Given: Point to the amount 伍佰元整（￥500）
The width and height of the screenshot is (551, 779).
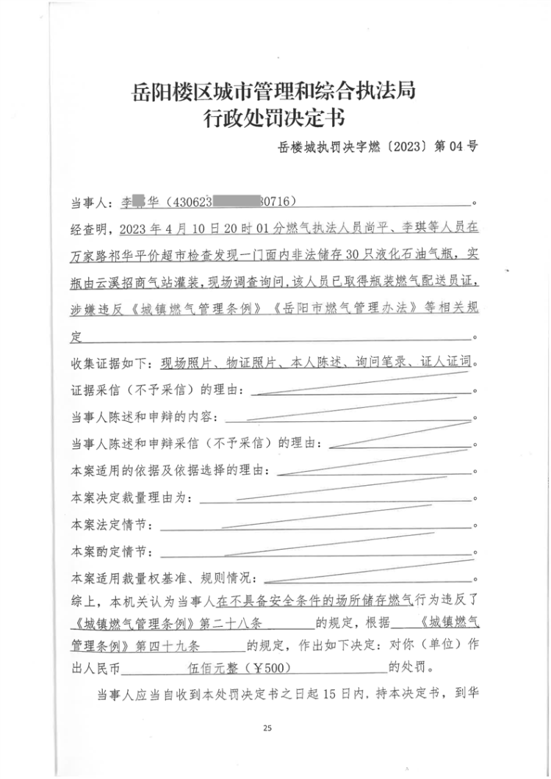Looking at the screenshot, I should tap(237, 669).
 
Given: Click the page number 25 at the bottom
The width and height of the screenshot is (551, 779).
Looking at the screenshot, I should tap(267, 728).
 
